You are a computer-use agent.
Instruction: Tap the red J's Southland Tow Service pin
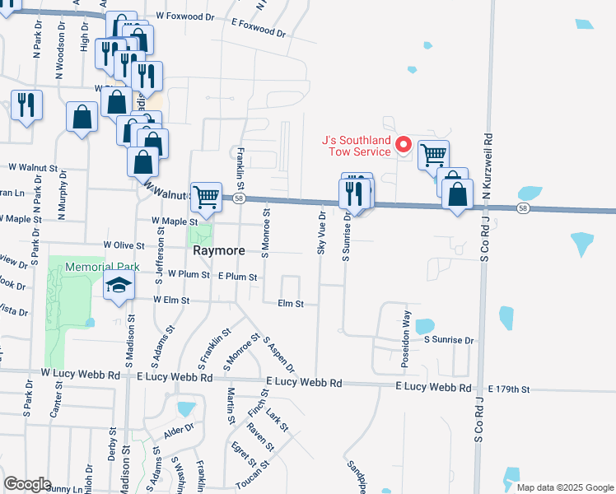point(404,146)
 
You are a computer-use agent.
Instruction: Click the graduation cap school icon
point(119,287)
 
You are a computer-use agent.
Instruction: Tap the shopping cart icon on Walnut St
point(206,196)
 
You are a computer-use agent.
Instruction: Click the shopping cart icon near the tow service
point(432,154)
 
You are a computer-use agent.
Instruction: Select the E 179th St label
point(510,389)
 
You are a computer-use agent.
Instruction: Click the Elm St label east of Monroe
point(291,304)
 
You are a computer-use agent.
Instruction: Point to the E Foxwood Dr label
point(258,29)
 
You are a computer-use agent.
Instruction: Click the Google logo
point(27,484)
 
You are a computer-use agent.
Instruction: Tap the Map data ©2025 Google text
point(564,487)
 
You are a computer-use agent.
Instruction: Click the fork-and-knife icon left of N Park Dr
point(26,105)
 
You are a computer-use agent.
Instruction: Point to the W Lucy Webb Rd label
point(80,375)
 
